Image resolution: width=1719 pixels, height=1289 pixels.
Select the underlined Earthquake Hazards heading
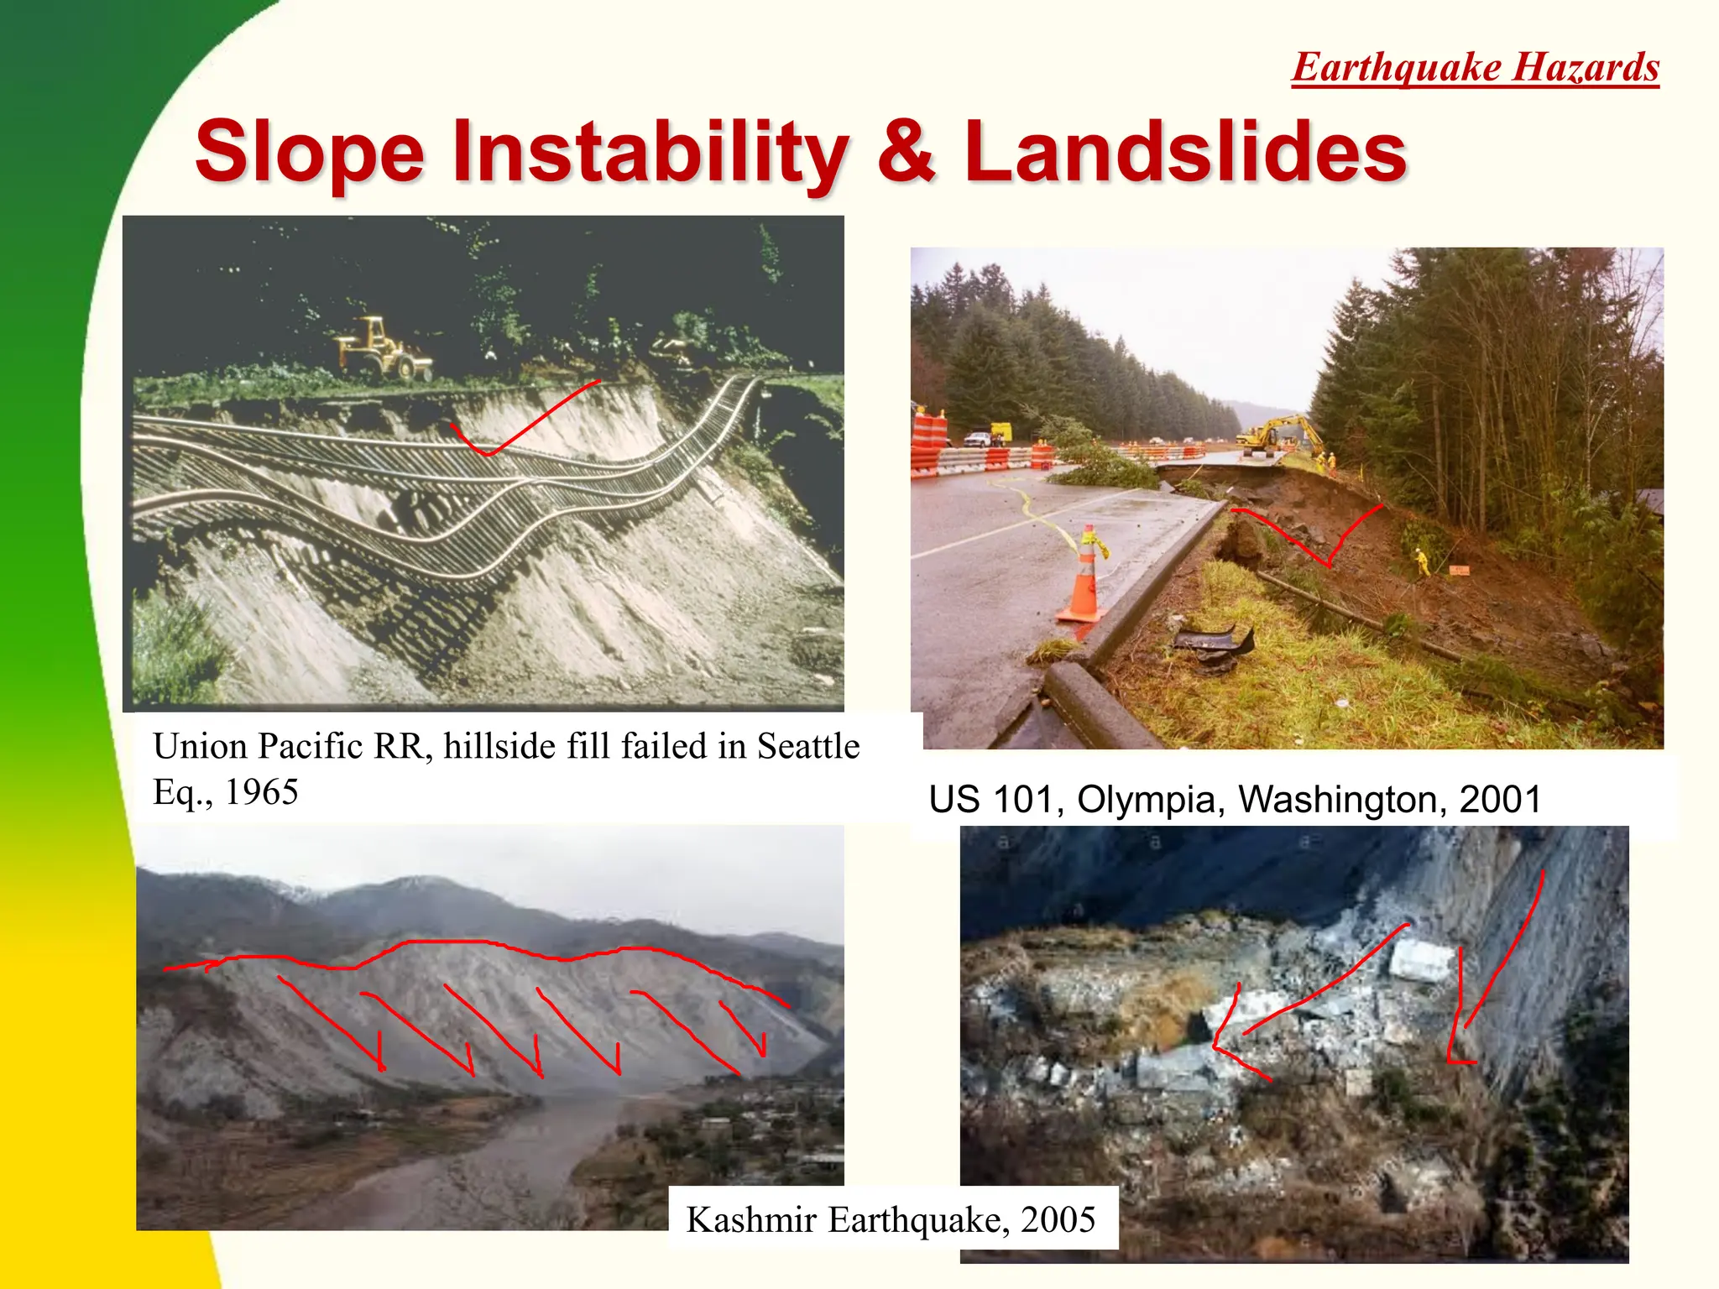click(x=1476, y=67)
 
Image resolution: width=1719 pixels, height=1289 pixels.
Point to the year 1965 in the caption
click(x=262, y=792)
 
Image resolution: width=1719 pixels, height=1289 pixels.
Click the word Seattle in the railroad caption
click(x=808, y=746)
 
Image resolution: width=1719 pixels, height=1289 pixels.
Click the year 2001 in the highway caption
click(x=1500, y=800)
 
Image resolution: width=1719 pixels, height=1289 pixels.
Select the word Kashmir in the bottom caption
click(x=751, y=1219)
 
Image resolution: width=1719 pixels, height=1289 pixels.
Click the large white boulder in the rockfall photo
click(x=1421, y=959)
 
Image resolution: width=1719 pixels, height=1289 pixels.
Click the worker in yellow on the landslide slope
click(x=1422, y=561)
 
